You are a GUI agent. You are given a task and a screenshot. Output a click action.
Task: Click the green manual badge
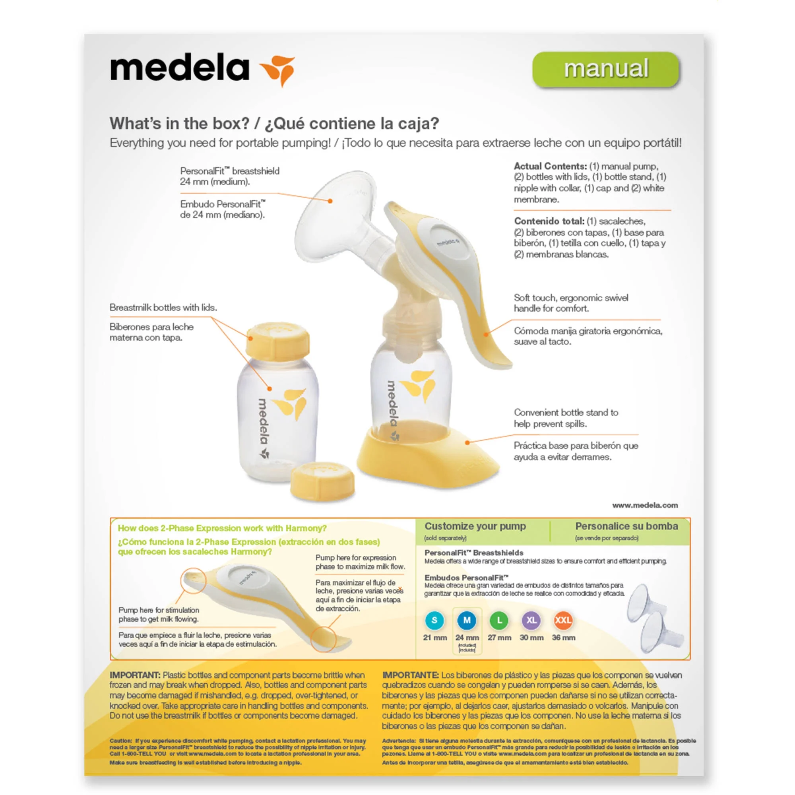[605, 69]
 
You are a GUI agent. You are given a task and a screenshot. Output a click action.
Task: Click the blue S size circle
[434, 620]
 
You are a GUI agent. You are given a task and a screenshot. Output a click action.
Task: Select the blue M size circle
[467, 620]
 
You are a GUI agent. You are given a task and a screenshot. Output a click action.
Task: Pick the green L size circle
[499, 620]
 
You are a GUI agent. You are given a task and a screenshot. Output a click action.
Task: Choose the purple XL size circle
[531, 620]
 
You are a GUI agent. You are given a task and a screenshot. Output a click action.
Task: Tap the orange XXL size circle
[563, 620]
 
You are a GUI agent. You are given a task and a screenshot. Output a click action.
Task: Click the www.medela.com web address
[644, 505]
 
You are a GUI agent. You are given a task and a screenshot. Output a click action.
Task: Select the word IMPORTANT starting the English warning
[135, 675]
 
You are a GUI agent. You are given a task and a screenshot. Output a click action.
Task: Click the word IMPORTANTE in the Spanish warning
[410, 675]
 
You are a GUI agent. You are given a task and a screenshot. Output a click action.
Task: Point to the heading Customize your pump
[475, 526]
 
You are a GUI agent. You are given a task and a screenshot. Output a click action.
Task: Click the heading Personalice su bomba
[626, 526]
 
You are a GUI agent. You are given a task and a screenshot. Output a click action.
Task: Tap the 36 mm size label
[563, 638]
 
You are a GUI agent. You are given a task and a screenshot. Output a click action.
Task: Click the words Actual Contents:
[550, 166]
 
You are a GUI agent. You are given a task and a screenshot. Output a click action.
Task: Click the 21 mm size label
[434, 638]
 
